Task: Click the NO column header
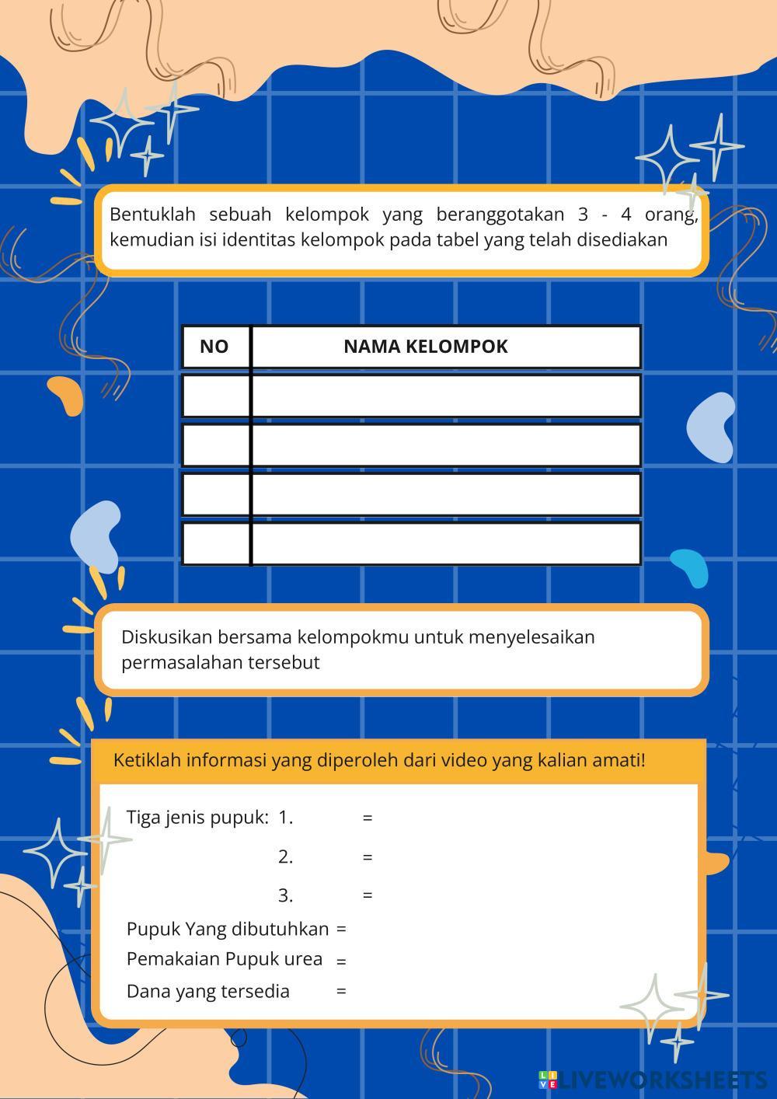214,347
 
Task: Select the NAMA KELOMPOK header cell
425,347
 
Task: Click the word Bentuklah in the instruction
152,214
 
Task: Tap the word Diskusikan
167,637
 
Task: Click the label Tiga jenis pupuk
197,818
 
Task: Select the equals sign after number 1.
368,818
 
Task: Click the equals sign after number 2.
368,857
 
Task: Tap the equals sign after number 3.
368,895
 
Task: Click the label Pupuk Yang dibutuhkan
228,930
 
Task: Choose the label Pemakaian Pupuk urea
225,959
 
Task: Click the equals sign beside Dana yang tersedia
341,992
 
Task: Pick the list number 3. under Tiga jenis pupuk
285,895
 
